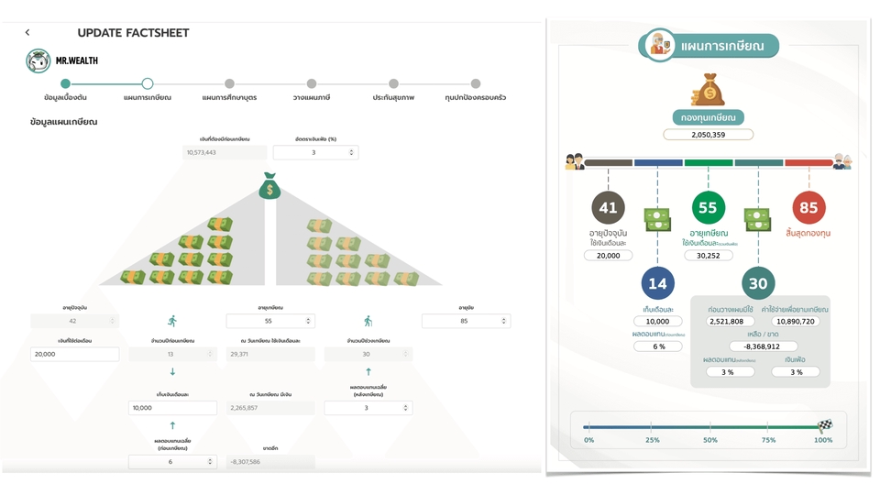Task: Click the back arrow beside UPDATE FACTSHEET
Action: point(27,33)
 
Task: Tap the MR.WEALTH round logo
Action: point(38,61)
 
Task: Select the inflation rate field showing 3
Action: point(314,152)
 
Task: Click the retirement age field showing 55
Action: point(270,321)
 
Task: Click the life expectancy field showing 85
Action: point(466,321)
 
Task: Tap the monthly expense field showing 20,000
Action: point(74,354)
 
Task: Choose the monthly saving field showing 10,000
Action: point(172,408)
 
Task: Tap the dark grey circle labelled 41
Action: point(609,208)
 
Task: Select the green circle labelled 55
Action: point(708,208)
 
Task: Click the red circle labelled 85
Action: point(808,208)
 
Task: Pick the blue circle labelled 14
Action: point(658,284)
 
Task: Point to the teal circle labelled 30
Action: point(758,284)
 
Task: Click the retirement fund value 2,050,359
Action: point(708,135)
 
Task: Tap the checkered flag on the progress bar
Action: point(824,425)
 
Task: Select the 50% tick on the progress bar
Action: point(710,440)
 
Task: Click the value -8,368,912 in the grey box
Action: point(758,346)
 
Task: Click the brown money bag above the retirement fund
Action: point(708,91)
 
